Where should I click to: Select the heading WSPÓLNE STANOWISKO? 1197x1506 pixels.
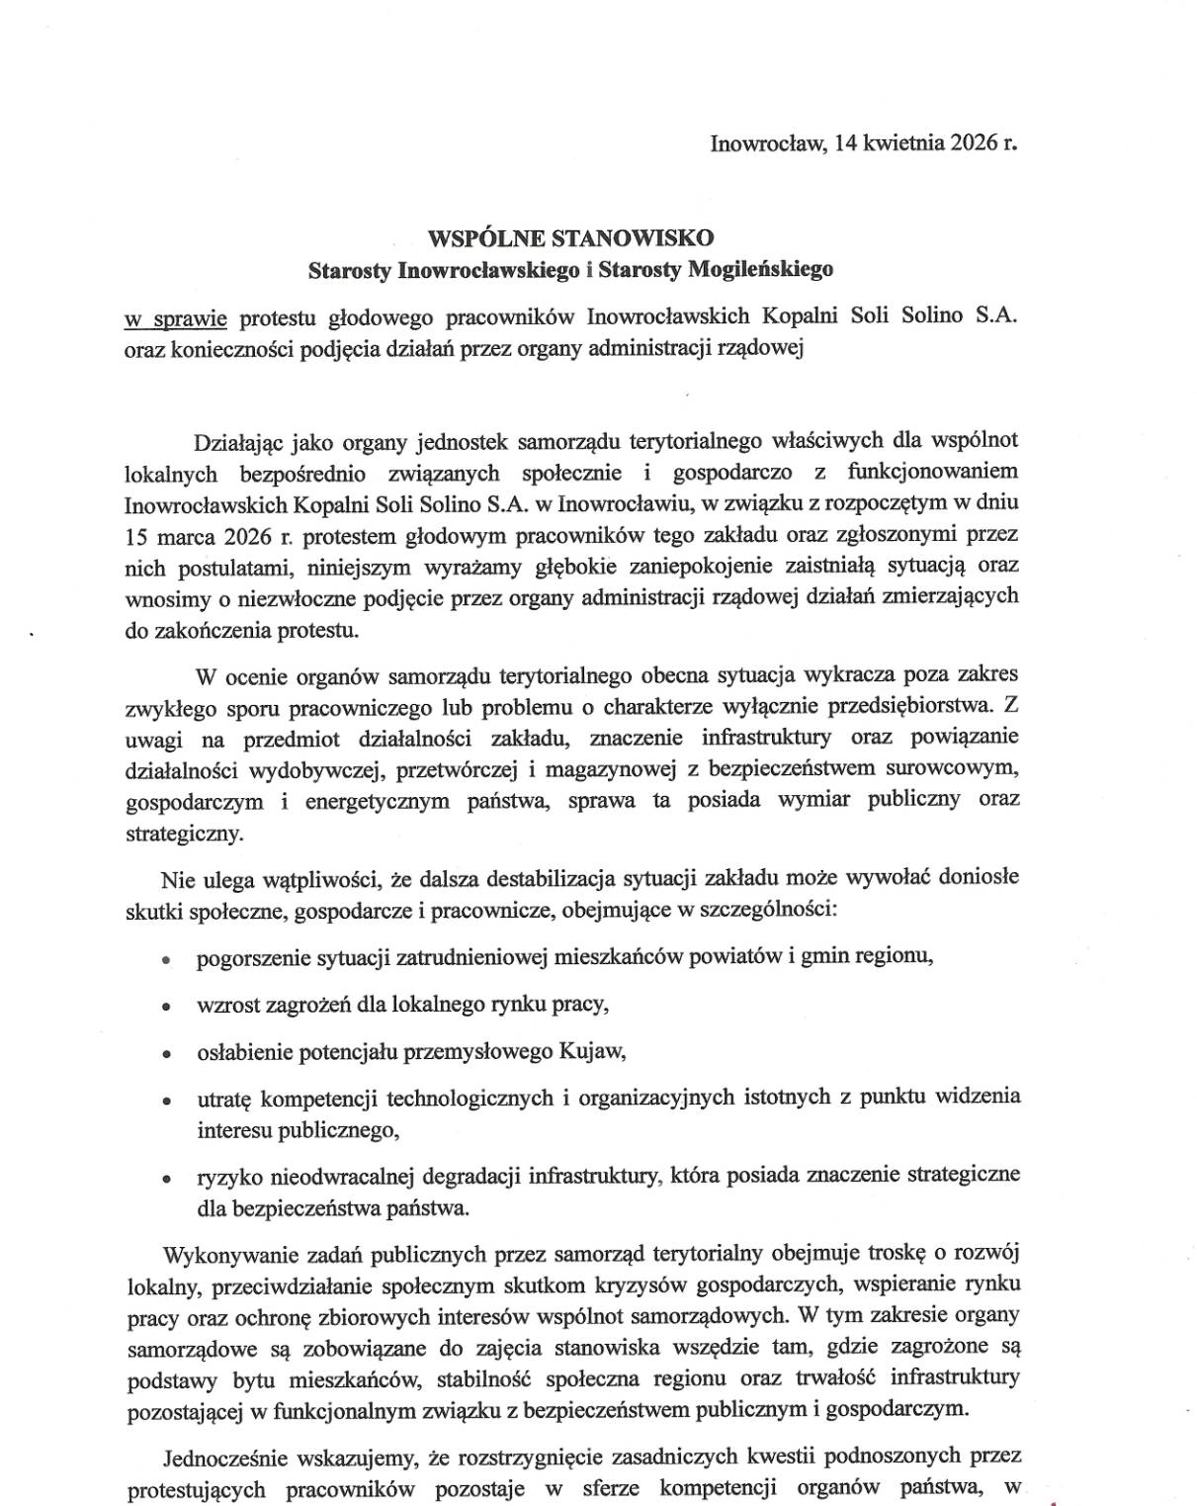(x=570, y=237)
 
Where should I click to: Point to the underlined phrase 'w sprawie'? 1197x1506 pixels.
(x=176, y=317)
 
